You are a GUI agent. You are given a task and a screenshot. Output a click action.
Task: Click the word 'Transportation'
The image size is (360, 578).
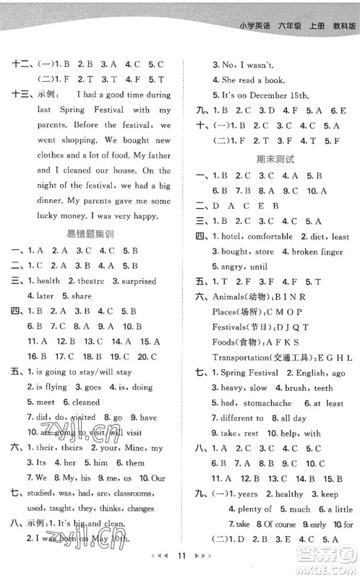[244, 358]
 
